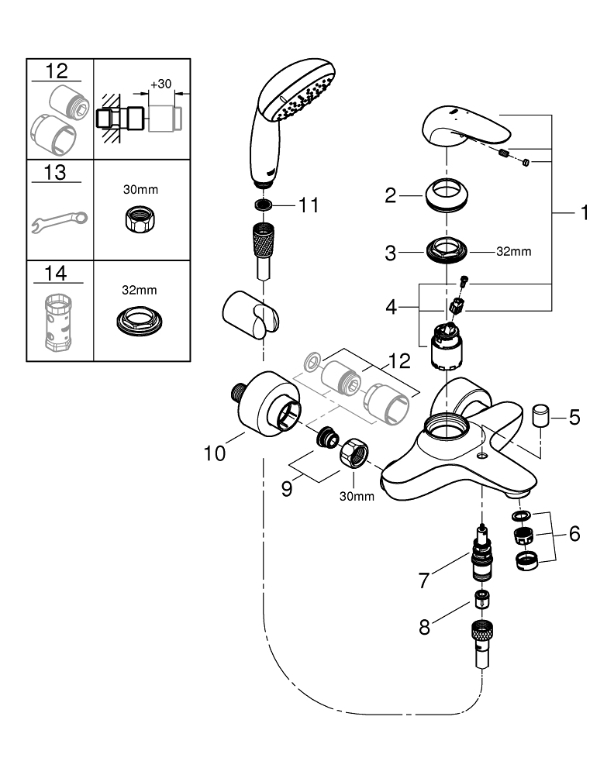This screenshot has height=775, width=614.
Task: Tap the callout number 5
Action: pos(574,417)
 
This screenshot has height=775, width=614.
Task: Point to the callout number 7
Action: pos(424,579)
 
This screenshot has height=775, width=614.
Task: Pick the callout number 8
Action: pos(424,627)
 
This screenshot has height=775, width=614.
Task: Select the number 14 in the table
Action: pos(57,273)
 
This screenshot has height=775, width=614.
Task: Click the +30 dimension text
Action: pos(161,84)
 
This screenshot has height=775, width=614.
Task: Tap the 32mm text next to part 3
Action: pos(513,253)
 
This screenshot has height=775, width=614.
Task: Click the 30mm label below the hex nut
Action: pos(357,496)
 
